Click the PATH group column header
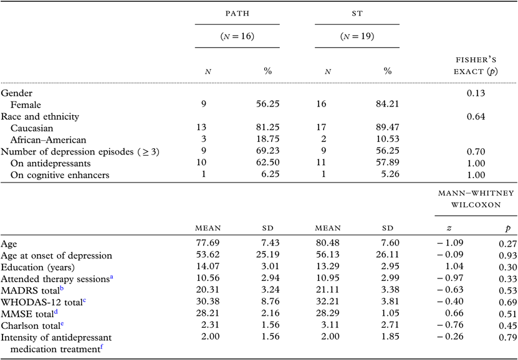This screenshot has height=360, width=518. click(x=237, y=13)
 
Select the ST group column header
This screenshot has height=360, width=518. click(x=357, y=13)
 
